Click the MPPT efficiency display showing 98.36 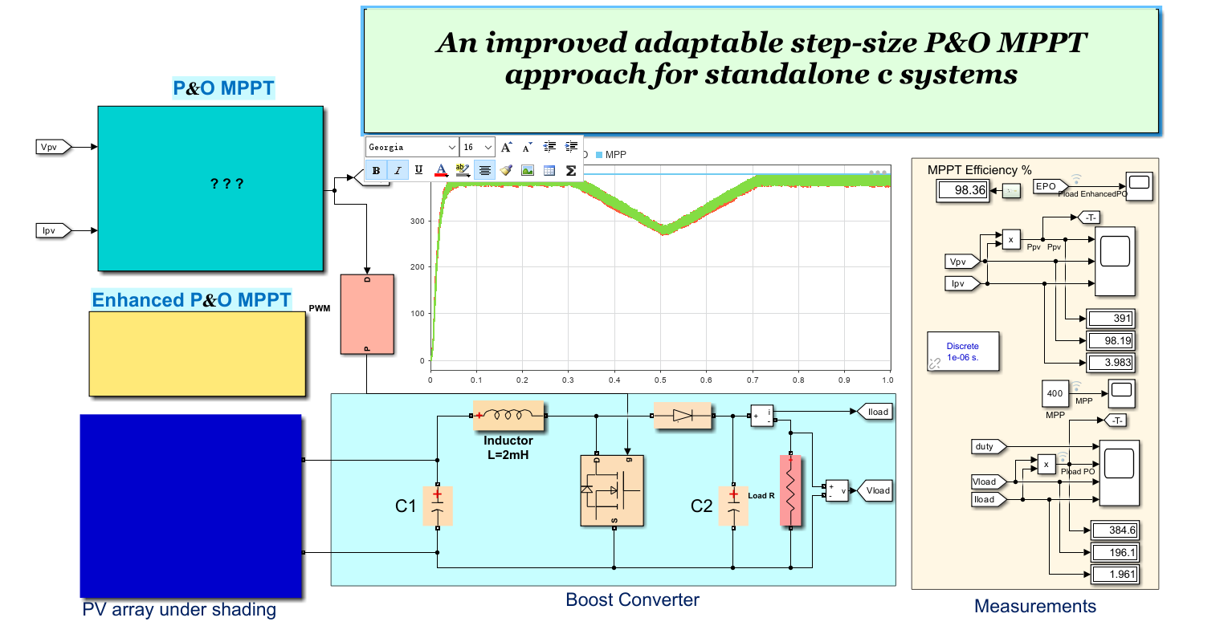963,190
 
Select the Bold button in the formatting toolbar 376,170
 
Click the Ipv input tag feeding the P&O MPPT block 54,231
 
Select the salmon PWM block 367,314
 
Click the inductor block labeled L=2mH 508,416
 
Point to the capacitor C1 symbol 438,506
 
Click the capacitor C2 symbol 733,506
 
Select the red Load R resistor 790,491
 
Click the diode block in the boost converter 683,416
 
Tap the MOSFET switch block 612,491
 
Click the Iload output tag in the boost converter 876,412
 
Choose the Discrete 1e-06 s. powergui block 963,352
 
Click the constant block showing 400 1055,393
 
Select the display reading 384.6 1115,530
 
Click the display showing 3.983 1110,363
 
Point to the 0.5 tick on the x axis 660,380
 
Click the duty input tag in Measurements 986,446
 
